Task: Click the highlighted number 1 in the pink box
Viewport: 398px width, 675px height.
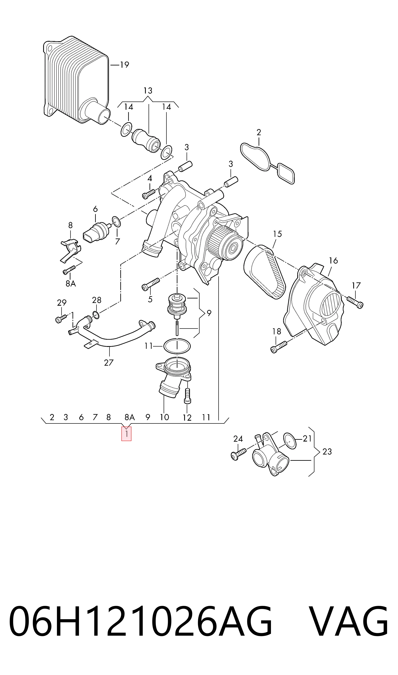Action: tap(126, 433)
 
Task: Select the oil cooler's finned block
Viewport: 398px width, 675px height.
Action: tap(76, 80)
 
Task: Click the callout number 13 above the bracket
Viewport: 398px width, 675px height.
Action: tap(148, 91)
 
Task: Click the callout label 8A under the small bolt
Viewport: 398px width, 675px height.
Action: tap(71, 283)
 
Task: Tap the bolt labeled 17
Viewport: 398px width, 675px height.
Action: tap(355, 302)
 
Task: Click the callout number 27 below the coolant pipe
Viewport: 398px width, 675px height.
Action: tap(109, 363)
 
